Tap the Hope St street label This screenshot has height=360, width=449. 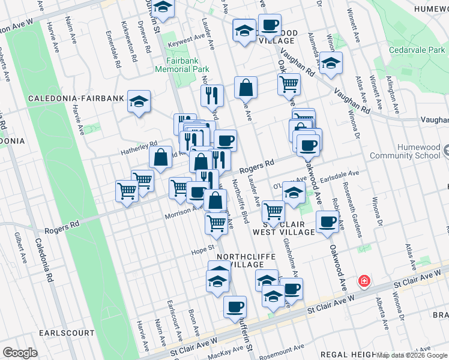[x=203, y=248]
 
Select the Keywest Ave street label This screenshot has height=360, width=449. [x=187, y=40]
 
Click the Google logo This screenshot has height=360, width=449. [x=20, y=352]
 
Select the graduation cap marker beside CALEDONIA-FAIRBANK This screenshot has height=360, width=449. [x=139, y=101]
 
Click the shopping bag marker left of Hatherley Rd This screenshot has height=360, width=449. [x=161, y=157]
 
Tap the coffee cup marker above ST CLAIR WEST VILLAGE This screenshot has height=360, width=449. [x=327, y=221]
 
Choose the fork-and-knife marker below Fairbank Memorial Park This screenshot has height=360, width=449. [x=212, y=94]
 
